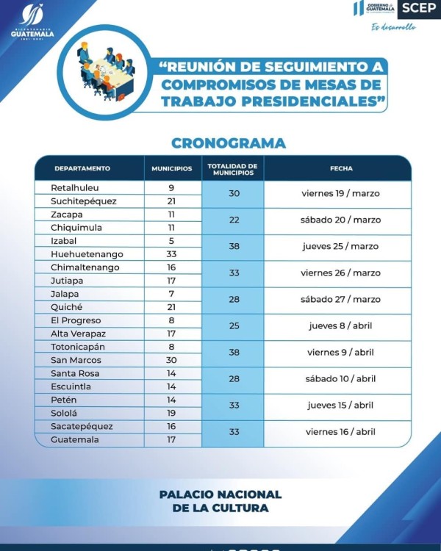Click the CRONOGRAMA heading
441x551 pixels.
pyautogui.click(x=228, y=143)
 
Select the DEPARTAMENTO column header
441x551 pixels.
pyautogui.click(x=82, y=168)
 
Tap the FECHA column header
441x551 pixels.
pyautogui.click(x=341, y=168)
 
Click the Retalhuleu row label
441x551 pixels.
pyautogui.click(x=74, y=188)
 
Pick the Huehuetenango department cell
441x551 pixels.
pyautogui.click(x=87, y=254)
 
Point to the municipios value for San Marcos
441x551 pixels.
pyautogui.click(x=171, y=360)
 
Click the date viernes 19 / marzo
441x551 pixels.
pyautogui.click(x=341, y=194)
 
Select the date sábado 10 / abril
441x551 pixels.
pyautogui.click(x=341, y=379)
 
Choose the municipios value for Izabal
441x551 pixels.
pyautogui.click(x=171, y=241)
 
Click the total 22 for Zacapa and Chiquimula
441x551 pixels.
pyautogui.click(x=234, y=220)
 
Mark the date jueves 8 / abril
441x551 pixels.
pyautogui.click(x=341, y=326)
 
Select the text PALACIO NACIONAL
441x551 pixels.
pyautogui.click(x=220, y=494)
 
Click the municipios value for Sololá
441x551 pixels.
pyautogui.click(x=171, y=413)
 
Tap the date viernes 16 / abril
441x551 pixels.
pyautogui.click(x=341, y=432)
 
